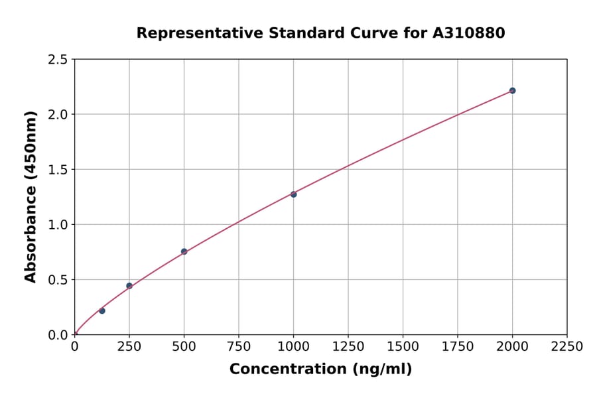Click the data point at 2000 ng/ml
(512, 90)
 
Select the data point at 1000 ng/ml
(293, 194)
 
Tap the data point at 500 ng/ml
(184, 251)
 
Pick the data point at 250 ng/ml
(129, 286)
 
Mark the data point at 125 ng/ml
(101, 310)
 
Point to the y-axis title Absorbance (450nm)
(31, 197)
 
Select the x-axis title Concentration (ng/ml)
(320, 369)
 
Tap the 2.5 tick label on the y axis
(58, 60)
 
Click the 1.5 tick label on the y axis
(58, 170)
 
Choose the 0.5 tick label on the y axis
(58, 280)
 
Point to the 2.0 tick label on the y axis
(58, 115)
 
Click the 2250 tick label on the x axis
(567, 346)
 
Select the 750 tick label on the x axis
(239, 346)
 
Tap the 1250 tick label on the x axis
(348, 346)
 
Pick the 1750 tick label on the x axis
(458, 346)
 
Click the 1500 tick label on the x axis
(403, 346)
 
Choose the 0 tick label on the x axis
(74, 346)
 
